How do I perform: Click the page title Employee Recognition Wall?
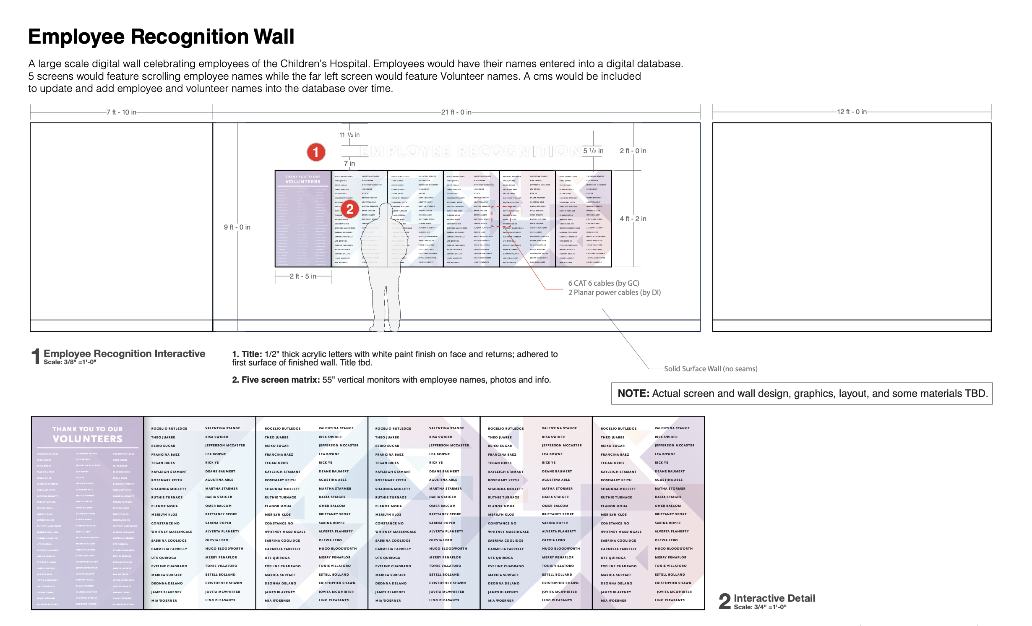pos(161,37)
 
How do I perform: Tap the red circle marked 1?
pos(316,152)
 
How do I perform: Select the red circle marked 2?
pos(350,209)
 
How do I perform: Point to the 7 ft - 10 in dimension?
pos(121,112)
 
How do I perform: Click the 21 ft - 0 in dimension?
pos(456,112)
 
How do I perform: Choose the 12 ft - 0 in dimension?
pos(852,112)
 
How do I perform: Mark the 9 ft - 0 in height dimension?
pos(237,227)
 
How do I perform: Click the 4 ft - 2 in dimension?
pos(633,219)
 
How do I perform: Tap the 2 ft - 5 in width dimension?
pos(303,276)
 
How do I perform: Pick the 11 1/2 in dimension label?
pos(349,135)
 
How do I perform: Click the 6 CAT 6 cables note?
pos(604,283)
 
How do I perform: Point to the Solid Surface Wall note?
pos(711,369)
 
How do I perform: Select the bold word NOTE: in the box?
pos(633,394)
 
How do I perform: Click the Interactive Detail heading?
pos(774,598)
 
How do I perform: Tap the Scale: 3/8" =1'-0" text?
pos(70,362)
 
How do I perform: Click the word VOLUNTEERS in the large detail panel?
pos(88,439)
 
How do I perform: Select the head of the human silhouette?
pos(386,210)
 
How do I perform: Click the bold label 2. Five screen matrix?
pos(276,380)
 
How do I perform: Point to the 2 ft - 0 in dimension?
pos(633,151)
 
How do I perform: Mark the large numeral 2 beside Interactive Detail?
pos(724,601)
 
